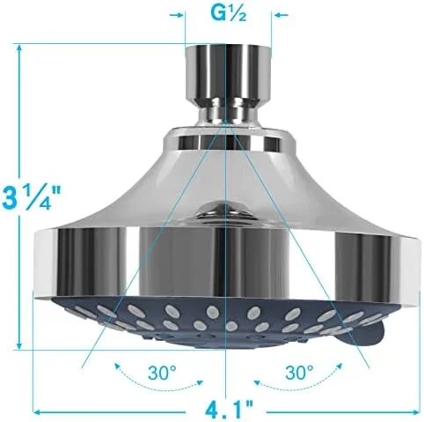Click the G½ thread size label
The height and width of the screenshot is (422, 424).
coord(229,15)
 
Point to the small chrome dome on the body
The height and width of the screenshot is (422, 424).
coord(227,210)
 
